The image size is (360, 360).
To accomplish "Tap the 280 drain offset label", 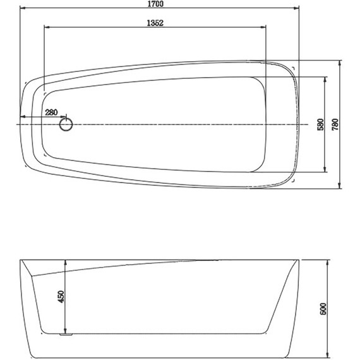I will point(51,112).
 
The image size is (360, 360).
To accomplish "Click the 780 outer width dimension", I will point(335,124).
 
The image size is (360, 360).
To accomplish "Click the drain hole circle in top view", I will point(66,124).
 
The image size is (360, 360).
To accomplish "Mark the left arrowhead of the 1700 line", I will point(23,10).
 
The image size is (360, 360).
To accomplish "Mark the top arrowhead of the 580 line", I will point(325,78).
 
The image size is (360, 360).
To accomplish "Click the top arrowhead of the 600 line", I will point(327,261).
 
